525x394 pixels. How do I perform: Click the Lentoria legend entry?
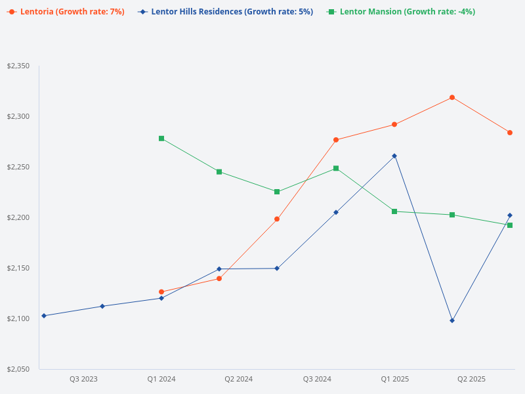tap(66, 12)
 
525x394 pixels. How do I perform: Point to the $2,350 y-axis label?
tap(18, 66)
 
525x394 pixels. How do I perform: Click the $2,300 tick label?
tap(18, 117)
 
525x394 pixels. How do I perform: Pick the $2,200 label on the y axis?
tap(18, 217)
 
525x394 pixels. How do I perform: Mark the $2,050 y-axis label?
tap(18, 369)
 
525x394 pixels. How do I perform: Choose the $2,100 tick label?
tap(18, 318)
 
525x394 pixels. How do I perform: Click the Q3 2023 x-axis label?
tap(83, 379)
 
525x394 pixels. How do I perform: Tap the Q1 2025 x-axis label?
tap(395, 379)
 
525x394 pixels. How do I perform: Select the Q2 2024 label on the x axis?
tap(239, 379)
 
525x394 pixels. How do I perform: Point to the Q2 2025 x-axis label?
tap(471, 379)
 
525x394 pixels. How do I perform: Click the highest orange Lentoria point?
tap(452, 97)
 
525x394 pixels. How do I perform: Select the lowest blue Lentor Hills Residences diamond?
tap(452, 320)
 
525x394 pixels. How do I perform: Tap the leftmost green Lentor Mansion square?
tap(161, 139)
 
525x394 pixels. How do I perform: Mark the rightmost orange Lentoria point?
tap(510, 133)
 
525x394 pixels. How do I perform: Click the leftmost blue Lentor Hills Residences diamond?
tap(44, 316)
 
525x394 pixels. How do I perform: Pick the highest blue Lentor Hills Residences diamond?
tap(394, 156)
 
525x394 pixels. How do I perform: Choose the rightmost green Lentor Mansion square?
tap(510, 225)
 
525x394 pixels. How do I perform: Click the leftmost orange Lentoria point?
tap(161, 292)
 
